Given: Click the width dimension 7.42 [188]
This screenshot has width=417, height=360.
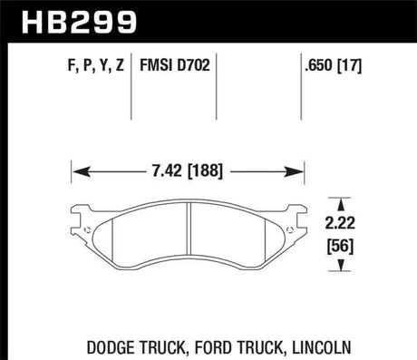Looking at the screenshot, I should (x=186, y=170).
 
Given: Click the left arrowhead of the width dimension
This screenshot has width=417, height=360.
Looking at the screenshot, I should (x=77, y=170).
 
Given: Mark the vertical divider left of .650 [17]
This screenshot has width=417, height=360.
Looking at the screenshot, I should (x=302, y=86).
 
